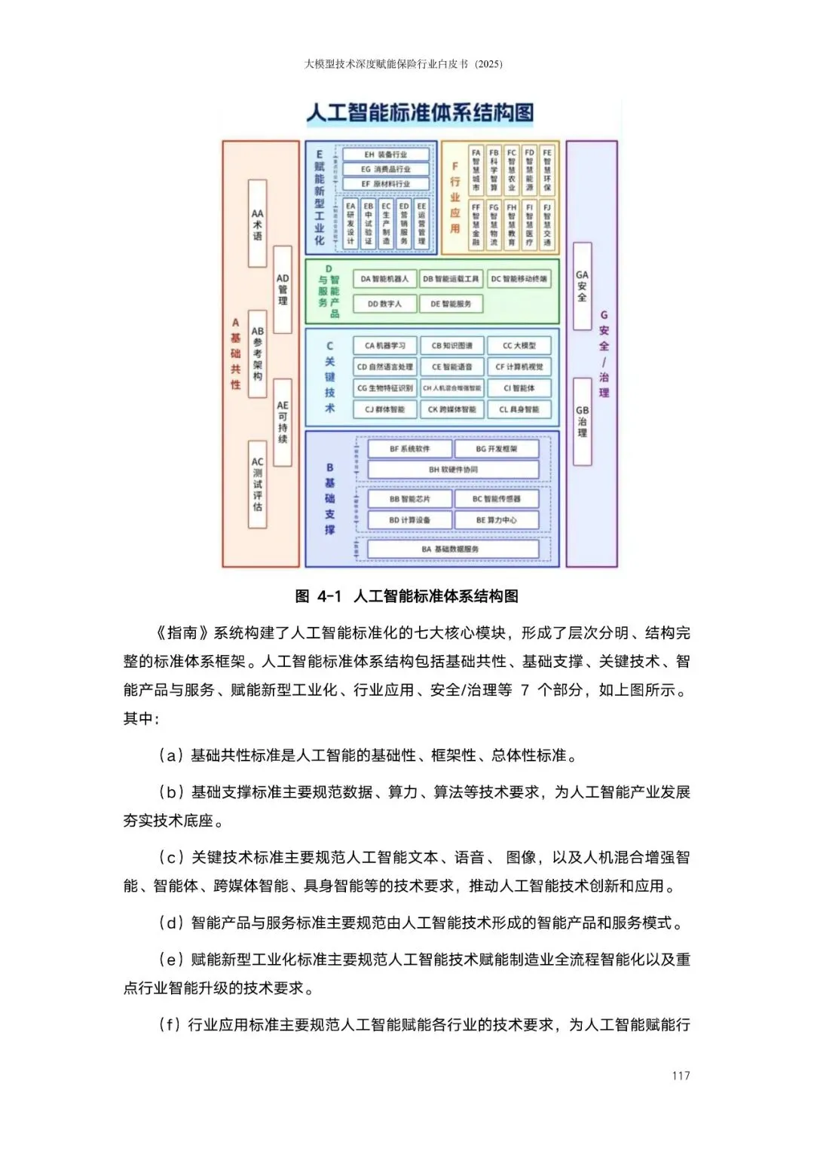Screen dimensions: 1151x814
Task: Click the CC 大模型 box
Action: (519, 346)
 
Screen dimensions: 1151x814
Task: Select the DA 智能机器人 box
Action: (384, 279)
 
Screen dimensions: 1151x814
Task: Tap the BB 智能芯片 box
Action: (410, 499)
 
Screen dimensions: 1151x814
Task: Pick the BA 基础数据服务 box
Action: (452, 549)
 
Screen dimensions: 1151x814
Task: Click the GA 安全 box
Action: (582, 286)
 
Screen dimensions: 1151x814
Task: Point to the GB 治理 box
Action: (582, 422)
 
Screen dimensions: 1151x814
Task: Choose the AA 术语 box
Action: (258, 224)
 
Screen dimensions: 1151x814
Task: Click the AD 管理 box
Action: (283, 289)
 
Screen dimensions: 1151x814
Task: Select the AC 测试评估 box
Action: (258, 484)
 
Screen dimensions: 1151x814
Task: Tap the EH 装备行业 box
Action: (385, 155)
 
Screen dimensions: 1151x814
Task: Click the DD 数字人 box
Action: (384, 304)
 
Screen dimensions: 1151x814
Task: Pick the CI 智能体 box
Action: (519, 388)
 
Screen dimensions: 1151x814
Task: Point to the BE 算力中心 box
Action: (497, 520)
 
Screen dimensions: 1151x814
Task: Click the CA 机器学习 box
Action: (385, 346)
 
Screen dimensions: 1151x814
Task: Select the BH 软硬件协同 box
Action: (453, 470)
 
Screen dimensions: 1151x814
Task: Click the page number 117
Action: (681, 1076)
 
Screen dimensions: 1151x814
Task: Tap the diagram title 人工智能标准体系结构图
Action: (420, 114)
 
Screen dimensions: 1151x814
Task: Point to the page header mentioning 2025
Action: (403, 64)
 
